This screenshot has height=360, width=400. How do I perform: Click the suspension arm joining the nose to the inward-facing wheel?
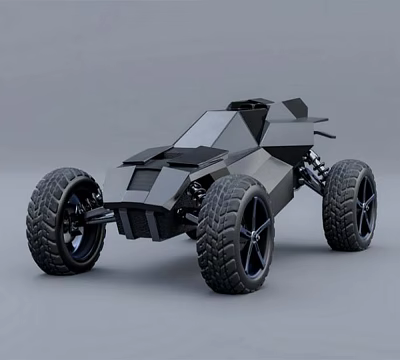click(99, 212)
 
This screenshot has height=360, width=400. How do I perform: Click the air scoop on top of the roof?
click(250, 102)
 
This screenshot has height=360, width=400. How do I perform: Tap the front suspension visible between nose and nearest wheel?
click(191, 201)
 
